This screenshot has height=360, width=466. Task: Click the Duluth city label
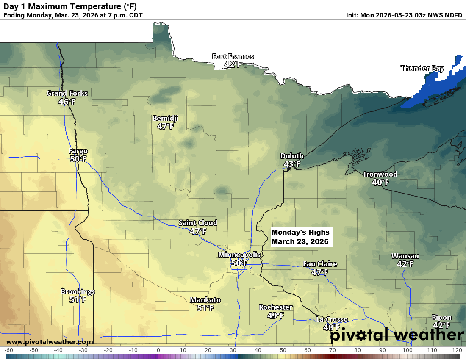click(x=292, y=156)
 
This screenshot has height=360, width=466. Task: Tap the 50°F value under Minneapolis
click(x=239, y=263)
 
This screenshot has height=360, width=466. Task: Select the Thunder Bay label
click(x=422, y=68)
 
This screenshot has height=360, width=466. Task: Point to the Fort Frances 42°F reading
click(x=233, y=65)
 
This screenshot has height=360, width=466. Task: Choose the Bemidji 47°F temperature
click(x=165, y=126)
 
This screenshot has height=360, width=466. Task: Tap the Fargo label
click(x=78, y=151)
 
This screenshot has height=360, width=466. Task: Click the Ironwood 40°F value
click(x=380, y=182)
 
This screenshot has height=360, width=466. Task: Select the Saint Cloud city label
click(x=197, y=223)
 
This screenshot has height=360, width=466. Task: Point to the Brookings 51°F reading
click(x=78, y=299)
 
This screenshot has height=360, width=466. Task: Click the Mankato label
click(x=205, y=300)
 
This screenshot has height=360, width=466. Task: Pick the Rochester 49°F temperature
click(x=275, y=315)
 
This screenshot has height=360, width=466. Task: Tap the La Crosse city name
click(x=332, y=319)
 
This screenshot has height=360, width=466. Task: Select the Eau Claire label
click(x=320, y=264)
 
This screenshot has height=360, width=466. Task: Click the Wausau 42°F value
click(x=405, y=264)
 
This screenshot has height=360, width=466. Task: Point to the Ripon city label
click(x=441, y=317)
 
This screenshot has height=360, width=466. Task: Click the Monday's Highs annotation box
click(x=300, y=237)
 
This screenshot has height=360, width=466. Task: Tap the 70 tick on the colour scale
click(x=332, y=350)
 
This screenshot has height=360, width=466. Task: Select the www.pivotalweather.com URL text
click(x=50, y=342)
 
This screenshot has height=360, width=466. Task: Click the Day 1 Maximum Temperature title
click(x=70, y=6)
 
